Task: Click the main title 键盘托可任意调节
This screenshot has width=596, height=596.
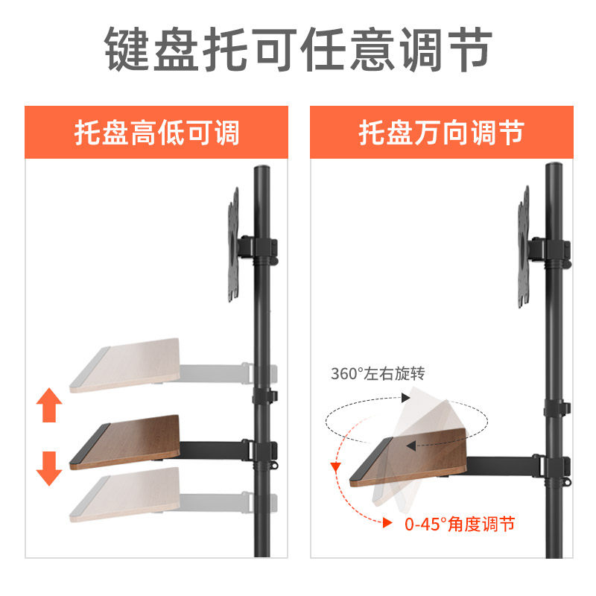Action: click(x=298, y=50)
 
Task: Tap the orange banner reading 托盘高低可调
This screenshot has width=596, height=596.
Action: click(x=156, y=133)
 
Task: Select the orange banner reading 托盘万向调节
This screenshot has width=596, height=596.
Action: click(x=441, y=133)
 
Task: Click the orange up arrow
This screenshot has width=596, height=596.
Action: click(x=49, y=407)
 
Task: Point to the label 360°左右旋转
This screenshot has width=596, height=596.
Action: click(x=378, y=373)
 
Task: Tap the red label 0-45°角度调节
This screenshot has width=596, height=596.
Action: click(x=460, y=524)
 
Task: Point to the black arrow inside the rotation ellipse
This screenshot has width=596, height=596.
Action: click(x=410, y=445)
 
